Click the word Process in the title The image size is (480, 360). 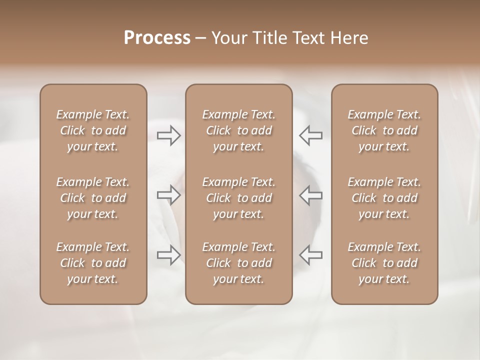pos(157,38)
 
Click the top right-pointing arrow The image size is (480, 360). pos(168,135)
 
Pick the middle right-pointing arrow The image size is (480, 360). pos(168,195)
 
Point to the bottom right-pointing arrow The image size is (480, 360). pos(168,255)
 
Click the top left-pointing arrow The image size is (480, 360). pos(311,135)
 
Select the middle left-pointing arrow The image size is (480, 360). pos(311,195)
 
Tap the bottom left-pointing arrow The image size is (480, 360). pos(311,255)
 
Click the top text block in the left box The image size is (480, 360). pos(93,130)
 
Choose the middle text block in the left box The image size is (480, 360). pos(93,198)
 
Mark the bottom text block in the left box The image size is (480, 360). pos(93,263)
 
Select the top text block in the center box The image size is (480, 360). pos(238,130)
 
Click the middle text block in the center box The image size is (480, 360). pos(238,198)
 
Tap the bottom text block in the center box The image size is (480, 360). pos(238,263)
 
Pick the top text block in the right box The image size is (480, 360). pos(384,130)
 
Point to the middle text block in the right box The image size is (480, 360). pos(384,198)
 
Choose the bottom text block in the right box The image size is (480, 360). pos(384,263)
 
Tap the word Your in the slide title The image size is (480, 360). pos(228,38)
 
